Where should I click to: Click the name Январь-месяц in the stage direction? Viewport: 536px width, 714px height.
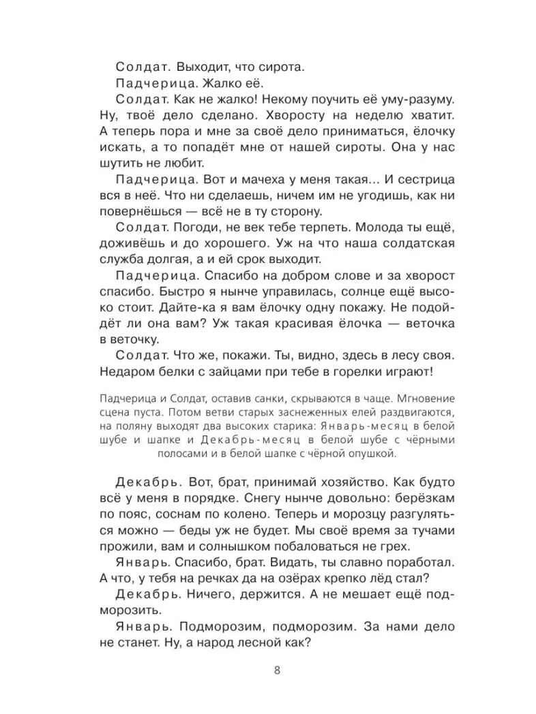coord(381,426)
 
